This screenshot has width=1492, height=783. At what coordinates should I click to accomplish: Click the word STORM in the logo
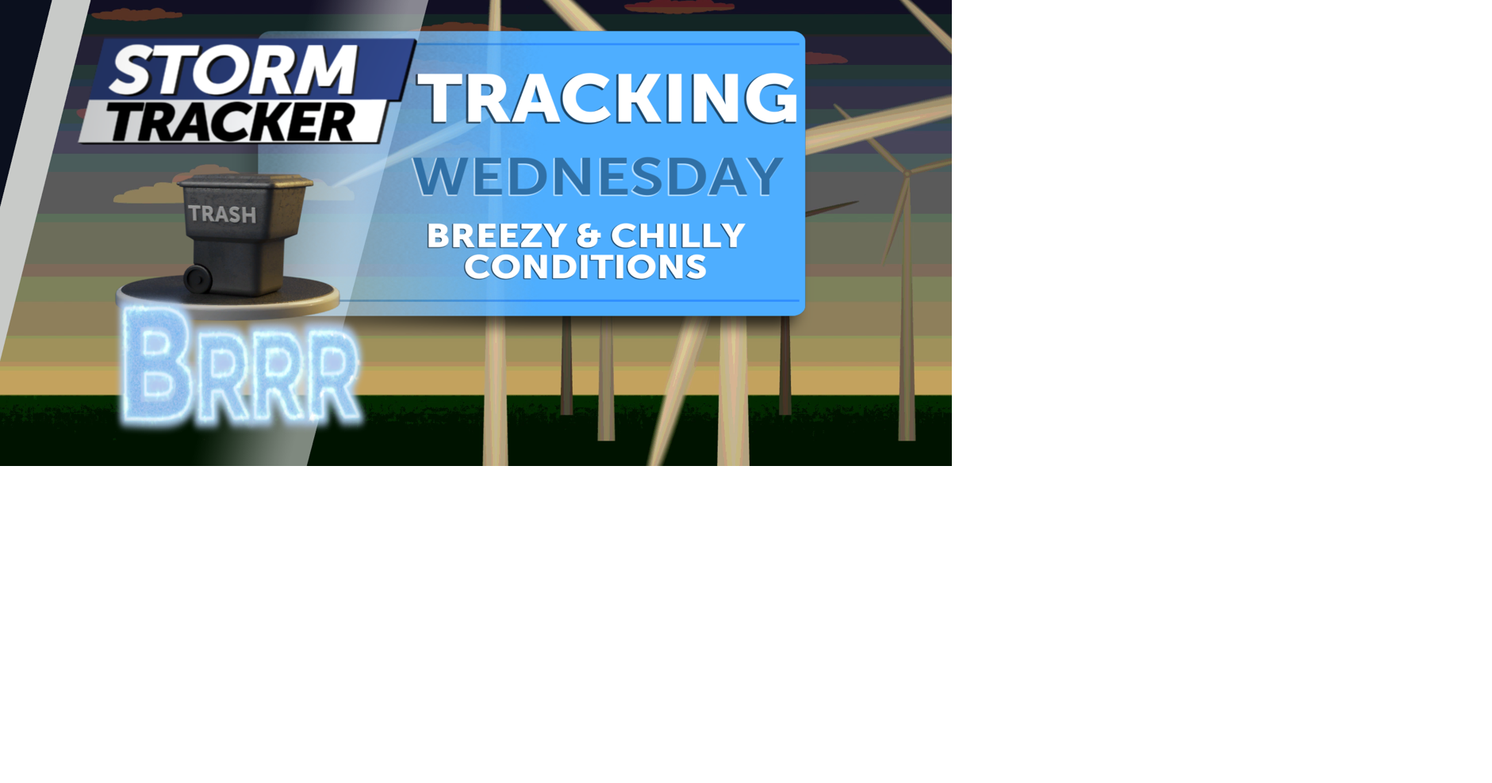click(234, 70)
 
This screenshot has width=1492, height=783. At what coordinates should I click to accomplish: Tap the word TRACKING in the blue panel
click(607, 98)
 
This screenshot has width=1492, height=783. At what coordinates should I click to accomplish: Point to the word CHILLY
click(678, 236)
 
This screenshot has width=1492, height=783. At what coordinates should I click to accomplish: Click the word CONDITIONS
click(585, 267)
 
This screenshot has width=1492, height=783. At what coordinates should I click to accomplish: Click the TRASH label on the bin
click(222, 214)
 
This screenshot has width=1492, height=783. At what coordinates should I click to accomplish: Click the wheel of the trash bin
click(197, 278)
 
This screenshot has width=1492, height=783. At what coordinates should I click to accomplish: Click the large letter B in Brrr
click(157, 366)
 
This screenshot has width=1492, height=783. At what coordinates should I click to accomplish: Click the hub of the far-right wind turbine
click(907, 172)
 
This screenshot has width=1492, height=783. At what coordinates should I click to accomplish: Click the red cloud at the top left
click(136, 14)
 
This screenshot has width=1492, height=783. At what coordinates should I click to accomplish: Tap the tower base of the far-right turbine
click(907, 432)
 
